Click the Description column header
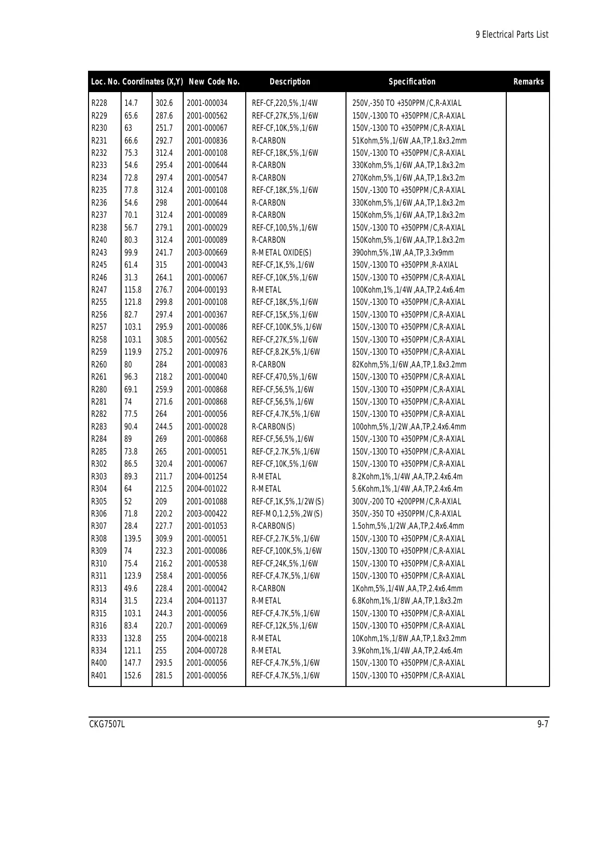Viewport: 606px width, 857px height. (290, 81)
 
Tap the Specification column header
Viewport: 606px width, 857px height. (412, 81)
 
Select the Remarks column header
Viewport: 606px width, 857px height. (528, 81)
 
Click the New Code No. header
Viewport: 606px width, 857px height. (214, 81)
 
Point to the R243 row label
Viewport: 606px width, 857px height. (99, 253)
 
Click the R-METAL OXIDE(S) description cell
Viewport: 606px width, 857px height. (282, 253)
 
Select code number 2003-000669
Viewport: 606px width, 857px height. (207, 253)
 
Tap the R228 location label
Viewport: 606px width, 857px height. (99, 103)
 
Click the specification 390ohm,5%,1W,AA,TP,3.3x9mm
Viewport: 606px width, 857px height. (403, 253)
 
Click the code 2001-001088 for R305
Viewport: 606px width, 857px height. (207, 502)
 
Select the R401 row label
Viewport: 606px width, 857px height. (99, 676)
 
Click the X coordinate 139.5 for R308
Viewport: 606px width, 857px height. (133, 539)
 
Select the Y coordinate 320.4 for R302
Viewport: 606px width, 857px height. (164, 464)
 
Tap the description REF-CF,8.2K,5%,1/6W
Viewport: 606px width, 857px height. (286, 352)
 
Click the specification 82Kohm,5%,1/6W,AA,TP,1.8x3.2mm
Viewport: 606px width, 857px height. (409, 365)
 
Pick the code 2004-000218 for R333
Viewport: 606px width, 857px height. (207, 639)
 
